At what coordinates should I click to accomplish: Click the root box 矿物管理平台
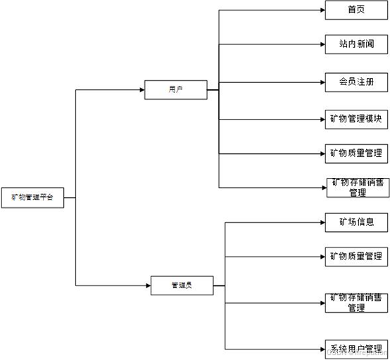(x=32, y=198)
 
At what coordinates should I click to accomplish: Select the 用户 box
(x=175, y=89)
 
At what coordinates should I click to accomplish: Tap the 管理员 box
(x=182, y=285)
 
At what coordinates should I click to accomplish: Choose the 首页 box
(x=356, y=10)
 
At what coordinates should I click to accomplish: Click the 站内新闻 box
(x=356, y=44)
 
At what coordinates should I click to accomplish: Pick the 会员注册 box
(x=356, y=82)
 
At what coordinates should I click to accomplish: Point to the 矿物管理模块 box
(x=356, y=119)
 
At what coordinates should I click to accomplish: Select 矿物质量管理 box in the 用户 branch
(x=356, y=153)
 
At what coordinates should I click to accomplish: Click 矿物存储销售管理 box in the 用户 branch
(x=357, y=188)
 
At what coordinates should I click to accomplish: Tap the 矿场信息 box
(x=356, y=222)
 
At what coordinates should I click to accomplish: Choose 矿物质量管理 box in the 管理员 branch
(x=356, y=256)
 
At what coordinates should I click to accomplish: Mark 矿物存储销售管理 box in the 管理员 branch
(x=356, y=303)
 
